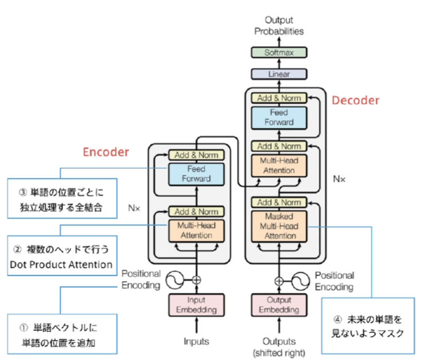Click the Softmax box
[279, 52]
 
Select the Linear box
[279, 74]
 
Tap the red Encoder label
[106, 152]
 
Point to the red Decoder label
[356, 101]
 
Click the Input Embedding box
[196, 305]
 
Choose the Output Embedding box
[279, 305]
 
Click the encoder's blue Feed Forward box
[196, 174]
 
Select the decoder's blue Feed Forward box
[279, 117]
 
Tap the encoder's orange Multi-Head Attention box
[196, 230]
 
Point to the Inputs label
[196, 341]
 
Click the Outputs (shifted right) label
[279, 346]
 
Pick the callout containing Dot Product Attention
[61, 257]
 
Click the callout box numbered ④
[367, 326]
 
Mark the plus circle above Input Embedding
[196, 280]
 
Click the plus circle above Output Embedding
[279, 281]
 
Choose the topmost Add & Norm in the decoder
[279, 98]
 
